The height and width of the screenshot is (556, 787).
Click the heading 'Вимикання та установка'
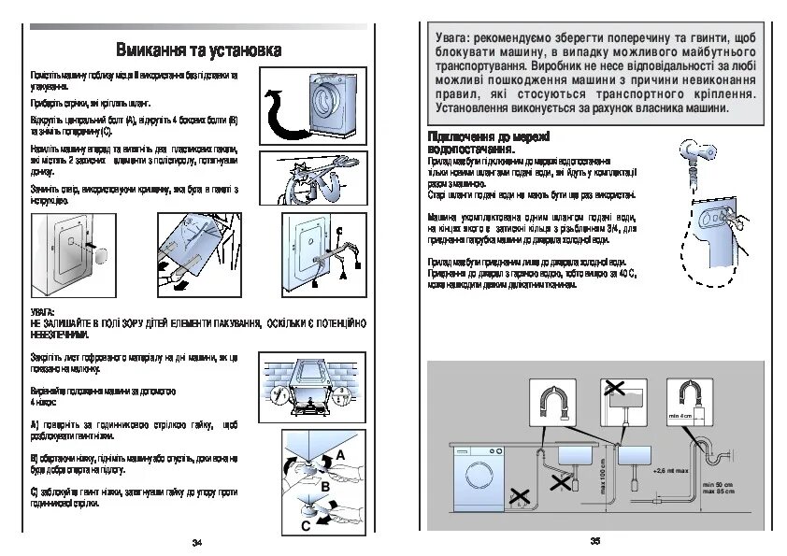click(197, 49)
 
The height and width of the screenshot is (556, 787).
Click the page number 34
click(196, 543)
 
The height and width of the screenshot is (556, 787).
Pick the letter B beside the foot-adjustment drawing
click(325, 487)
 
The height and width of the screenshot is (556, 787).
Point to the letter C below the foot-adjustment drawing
click(306, 527)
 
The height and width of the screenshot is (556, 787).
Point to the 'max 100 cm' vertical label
click(604, 477)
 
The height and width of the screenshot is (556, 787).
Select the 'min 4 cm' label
click(679, 415)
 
